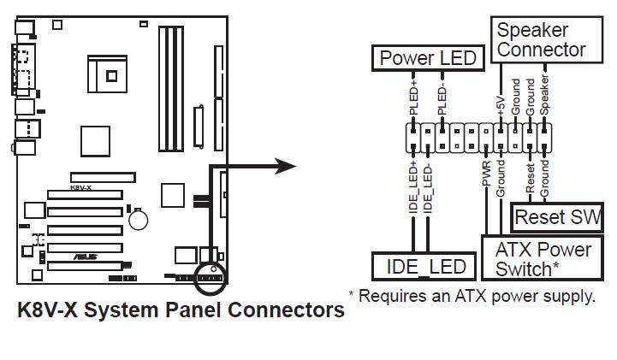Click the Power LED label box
click(428, 58)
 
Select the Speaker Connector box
click(547, 39)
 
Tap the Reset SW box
click(557, 217)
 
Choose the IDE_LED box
click(424, 267)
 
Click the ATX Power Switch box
click(543, 258)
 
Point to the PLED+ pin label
click(413, 97)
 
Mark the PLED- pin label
click(442, 99)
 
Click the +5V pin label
click(501, 105)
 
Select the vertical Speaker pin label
click(544, 95)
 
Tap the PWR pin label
click(486, 173)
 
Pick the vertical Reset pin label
click(530, 178)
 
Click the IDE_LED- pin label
click(428, 189)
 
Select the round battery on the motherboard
click(138, 220)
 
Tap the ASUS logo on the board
click(86, 257)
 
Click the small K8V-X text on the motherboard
click(80, 188)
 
